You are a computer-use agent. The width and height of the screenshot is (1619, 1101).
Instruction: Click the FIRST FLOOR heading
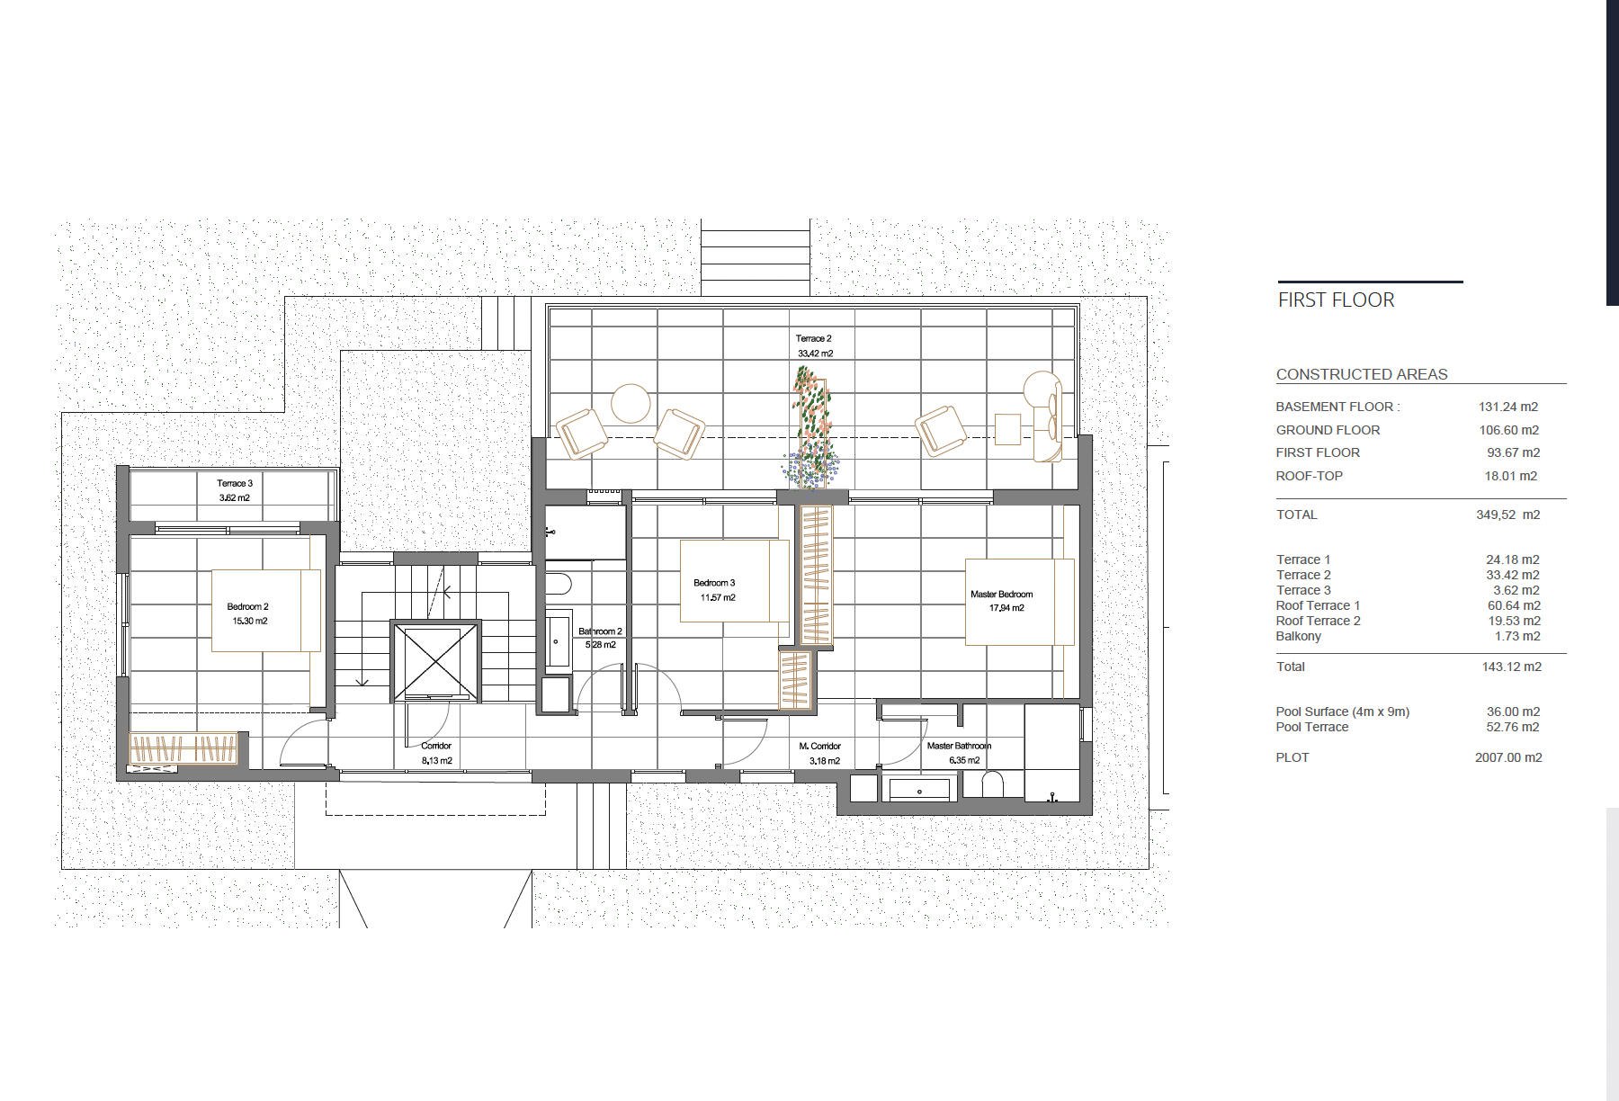[1336, 300]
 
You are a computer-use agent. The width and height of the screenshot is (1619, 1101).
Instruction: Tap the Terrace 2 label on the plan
[814, 339]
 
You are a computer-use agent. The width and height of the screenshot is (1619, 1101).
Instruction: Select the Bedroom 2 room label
[248, 607]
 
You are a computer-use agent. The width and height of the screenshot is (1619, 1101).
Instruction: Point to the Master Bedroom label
[1002, 595]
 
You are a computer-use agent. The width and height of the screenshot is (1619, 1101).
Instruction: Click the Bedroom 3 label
[714, 583]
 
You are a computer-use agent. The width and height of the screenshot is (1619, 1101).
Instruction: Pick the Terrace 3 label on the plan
[235, 484]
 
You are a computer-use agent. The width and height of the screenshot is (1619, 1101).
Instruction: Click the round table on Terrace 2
[631, 404]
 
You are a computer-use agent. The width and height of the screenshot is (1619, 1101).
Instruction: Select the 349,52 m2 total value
[1508, 515]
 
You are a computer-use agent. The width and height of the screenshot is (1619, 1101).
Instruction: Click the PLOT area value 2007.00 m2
[1508, 758]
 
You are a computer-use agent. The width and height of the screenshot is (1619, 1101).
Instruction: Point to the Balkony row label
[1299, 637]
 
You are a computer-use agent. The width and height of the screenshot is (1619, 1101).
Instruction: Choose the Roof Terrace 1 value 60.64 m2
[1514, 606]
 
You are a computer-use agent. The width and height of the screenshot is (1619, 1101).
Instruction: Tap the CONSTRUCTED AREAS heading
[1362, 375]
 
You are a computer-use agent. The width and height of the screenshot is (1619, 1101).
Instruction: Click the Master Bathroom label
[959, 747]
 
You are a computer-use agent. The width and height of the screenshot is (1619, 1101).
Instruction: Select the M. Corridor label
[819, 747]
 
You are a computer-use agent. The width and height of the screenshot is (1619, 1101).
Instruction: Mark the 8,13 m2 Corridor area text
[437, 761]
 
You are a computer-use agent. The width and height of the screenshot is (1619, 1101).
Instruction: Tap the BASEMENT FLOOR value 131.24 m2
[1508, 407]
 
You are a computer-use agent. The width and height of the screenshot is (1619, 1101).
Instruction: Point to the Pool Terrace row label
[1311, 728]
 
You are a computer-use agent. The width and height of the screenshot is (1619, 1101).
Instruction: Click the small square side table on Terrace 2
[1008, 429]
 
